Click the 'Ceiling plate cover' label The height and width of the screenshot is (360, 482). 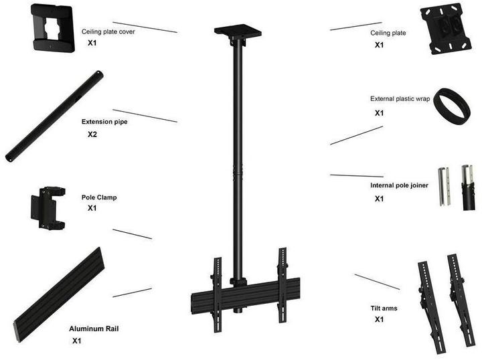[x=108, y=31]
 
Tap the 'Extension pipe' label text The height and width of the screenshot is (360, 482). [x=104, y=122]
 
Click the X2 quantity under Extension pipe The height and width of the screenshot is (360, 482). [x=92, y=134]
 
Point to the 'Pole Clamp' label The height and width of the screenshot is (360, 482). [x=99, y=197]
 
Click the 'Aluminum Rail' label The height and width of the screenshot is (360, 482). [x=94, y=329]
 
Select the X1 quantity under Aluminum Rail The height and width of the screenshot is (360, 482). [x=77, y=341]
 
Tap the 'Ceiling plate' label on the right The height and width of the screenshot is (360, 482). [x=388, y=33]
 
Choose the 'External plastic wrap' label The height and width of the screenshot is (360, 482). [x=400, y=99]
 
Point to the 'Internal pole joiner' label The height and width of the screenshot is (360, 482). [x=399, y=185]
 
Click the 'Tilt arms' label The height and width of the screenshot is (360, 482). [x=384, y=308]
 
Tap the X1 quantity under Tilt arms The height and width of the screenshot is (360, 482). [x=380, y=319]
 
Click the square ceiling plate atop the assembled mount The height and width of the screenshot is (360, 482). [x=238, y=31]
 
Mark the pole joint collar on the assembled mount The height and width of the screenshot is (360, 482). [x=238, y=171]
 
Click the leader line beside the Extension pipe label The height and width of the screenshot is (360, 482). [x=145, y=116]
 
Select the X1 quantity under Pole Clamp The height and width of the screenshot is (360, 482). [x=92, y=208]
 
